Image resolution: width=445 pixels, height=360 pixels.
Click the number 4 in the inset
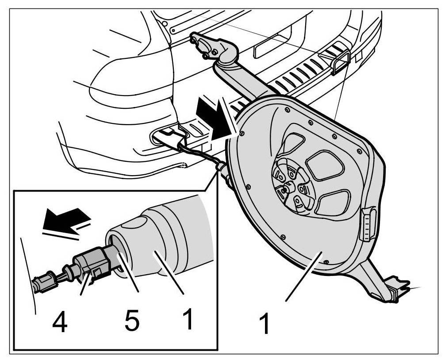pyautogui.click(x=60, y=323)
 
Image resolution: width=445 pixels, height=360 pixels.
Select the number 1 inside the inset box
pyautogui.click(x=188, y=319)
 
